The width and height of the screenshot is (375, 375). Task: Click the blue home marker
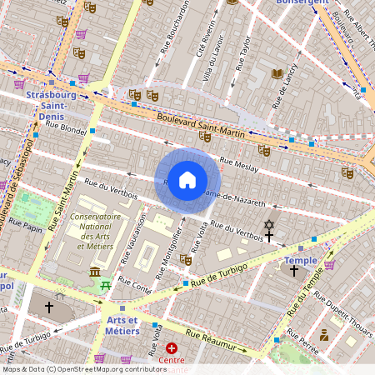pos(187,179)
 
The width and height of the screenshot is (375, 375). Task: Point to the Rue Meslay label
pos(238,164)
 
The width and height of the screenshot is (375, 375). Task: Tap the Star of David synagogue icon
pos(268,225)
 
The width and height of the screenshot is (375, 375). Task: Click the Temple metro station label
pos(301,260)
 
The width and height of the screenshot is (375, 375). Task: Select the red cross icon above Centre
pos(172,347)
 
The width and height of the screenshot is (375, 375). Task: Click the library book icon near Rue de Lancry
pos(277,73)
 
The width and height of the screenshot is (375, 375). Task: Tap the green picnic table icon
pos(106,287)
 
